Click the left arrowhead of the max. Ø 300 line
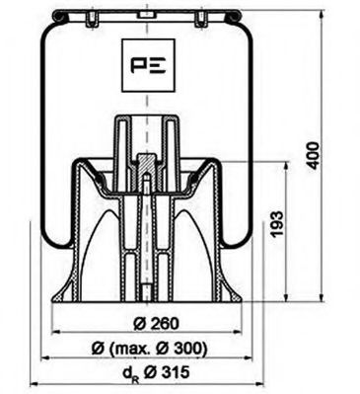point(41,359)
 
